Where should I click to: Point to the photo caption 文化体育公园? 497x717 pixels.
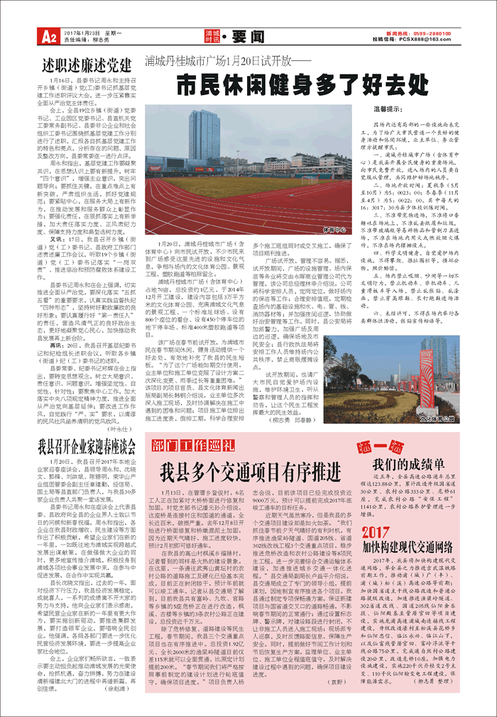coord(457,418)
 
